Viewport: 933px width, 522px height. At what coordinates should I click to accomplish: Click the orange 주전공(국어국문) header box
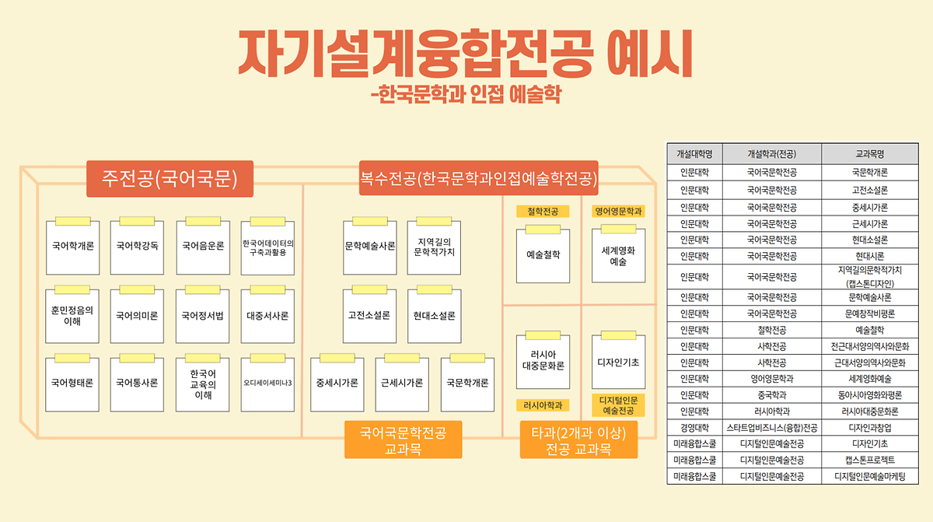[x=169, y=179]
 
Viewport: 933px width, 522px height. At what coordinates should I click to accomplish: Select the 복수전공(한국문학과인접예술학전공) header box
[x=478, y=179]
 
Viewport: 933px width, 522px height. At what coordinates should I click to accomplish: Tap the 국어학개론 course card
[x=72, y=247]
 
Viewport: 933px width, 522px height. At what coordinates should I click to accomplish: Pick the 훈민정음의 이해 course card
[x=72, y=315]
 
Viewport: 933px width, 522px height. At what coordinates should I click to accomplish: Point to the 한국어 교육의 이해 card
[x=203, y=384]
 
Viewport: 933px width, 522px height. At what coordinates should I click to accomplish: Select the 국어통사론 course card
[x=138, y=383]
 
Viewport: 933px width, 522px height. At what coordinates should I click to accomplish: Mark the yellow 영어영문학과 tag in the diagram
[x=620, y=211]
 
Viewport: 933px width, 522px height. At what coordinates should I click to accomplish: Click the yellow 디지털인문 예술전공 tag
[x=618, y=405]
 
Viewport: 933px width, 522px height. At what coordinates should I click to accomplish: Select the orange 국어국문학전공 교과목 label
[x=403, y=440]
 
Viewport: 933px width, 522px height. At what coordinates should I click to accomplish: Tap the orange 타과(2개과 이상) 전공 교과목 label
[x=578, y=440]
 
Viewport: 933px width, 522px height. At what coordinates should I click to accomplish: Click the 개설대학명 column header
[x=694, y=153]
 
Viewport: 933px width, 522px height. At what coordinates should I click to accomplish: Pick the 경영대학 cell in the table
[x=694, y=427]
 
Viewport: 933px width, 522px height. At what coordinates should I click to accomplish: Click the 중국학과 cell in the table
[x=771, y=394]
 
